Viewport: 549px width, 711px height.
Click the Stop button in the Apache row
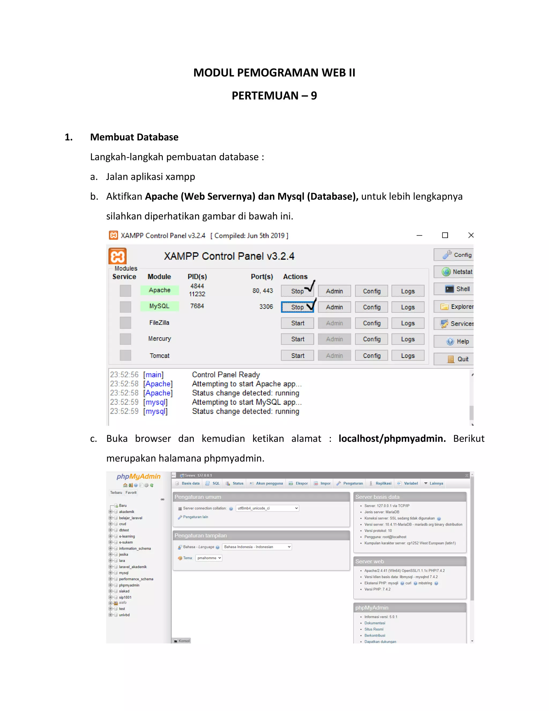297,291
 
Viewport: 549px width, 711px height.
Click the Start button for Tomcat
297,355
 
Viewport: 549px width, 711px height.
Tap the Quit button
458,359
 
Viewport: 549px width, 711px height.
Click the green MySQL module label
159,306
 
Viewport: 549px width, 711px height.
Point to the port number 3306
266,307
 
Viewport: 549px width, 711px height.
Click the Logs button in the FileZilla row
407,323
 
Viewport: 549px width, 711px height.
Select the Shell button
457,289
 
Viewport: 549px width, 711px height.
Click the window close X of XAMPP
471,235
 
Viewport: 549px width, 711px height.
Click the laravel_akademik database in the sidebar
133,567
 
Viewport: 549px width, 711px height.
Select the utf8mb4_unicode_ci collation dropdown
267,508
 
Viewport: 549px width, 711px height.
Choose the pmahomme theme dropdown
209,558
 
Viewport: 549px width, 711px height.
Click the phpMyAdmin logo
139,477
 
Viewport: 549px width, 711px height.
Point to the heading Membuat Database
134,137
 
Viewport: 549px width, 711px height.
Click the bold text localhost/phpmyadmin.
392,438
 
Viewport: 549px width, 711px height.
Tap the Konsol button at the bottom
182,641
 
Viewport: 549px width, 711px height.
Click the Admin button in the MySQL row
334,307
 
